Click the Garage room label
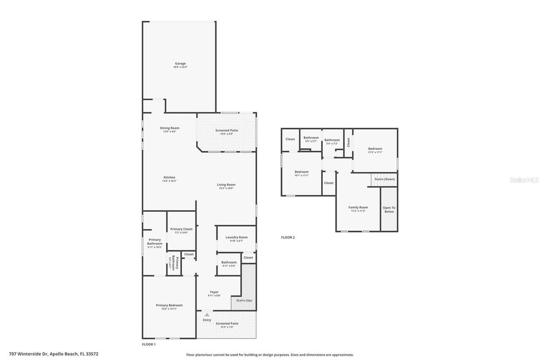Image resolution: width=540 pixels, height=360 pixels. [180, 64]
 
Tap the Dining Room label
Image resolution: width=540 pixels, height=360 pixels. [169, 128]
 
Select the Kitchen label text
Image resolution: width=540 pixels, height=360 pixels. [169, 177]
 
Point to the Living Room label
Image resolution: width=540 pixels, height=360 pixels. [226, 184]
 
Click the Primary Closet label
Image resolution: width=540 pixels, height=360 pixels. [181, 229]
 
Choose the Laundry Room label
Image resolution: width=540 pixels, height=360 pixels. [236, 237]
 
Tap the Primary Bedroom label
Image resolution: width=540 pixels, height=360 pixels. [169, 305]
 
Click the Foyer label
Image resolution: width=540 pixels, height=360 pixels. [214, 292]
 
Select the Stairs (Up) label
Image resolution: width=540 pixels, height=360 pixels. [244, 300]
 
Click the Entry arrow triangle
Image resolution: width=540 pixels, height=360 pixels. [207, 314]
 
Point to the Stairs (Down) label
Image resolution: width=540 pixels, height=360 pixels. [384, 179]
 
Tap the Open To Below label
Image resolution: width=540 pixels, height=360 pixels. [389, 209]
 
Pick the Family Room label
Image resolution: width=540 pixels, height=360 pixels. [358, 207]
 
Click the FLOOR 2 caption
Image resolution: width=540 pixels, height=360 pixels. [288, 237]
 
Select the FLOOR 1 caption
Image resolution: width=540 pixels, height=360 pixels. [148, 344]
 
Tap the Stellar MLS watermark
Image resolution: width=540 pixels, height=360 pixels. [524, 180]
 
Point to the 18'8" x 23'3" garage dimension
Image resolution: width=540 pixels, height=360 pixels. [180, 67]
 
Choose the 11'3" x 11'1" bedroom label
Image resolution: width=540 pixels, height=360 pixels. [375, 152]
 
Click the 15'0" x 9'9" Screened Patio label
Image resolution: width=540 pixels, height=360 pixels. [227, 134]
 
